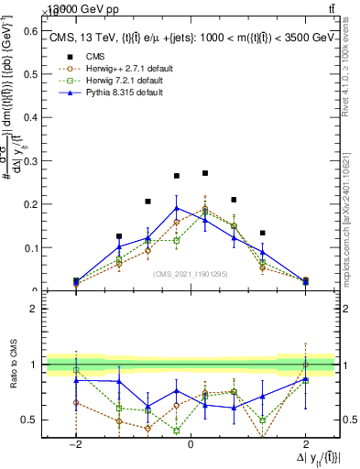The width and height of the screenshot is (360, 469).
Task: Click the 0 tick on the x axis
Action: (191, 443)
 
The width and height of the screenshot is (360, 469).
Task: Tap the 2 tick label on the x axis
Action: (306, 443)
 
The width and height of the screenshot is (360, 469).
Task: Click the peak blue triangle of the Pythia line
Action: (177, 208)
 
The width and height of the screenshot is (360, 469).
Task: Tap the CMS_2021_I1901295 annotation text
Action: (191, 273)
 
